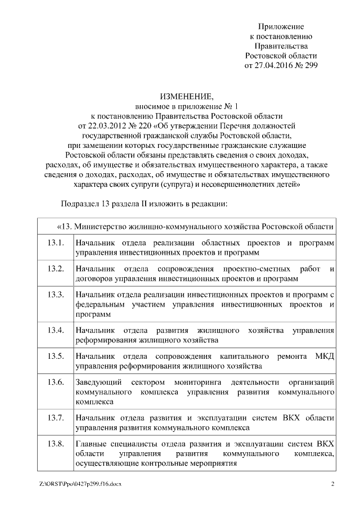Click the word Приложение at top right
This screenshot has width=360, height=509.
[x=281, y=26]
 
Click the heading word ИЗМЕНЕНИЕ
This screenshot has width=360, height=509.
[x=179, y=96]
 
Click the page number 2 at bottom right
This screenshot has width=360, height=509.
[x=332, y=484]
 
